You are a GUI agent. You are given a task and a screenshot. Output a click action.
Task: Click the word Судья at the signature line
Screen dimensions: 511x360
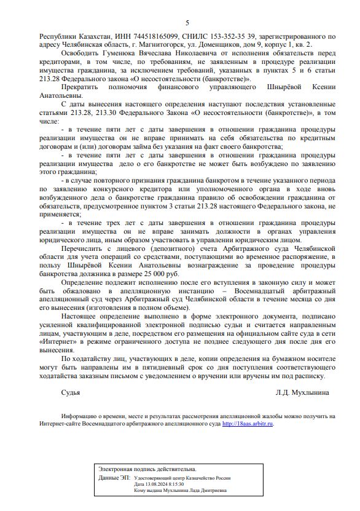(x=71, y=391)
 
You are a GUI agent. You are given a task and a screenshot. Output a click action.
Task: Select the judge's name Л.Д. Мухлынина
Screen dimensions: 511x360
(x=302, y=391)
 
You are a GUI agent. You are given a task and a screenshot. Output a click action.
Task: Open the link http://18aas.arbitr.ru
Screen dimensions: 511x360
(x=248, y=423)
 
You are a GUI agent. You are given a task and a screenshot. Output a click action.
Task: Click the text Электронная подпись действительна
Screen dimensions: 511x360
(x=147, y=469)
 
